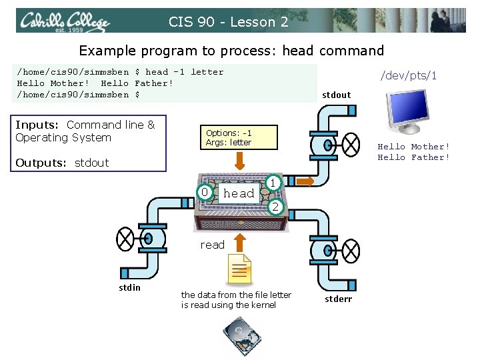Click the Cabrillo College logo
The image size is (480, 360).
tap(64, 22)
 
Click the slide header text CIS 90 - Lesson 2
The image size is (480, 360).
tap(229, 22)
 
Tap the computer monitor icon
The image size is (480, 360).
tap(407, 111)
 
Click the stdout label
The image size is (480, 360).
tap(336, 95)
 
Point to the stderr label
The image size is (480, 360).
tap(338, 299)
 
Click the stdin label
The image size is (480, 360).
tap(129, 287)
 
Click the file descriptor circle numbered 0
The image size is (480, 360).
tap(207, 193)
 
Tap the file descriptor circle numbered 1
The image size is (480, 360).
tap(273, 181)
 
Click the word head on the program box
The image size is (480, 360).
tap(239, 193)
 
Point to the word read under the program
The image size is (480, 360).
tap(213, 245)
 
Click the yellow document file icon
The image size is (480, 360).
tap(239, 269)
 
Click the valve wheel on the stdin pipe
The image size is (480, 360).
tap(125, 238)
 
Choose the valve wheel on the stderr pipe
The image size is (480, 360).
tap(350, 250)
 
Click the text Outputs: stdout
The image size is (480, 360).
tap(61, 163)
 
